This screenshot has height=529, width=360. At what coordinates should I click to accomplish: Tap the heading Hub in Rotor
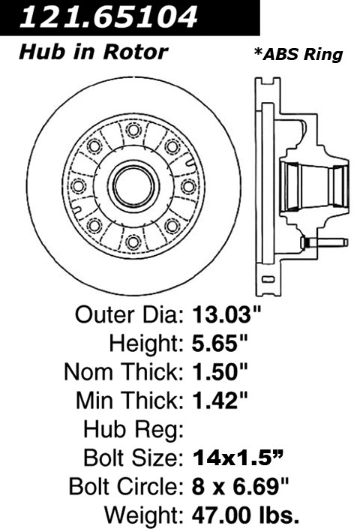click(93, 53)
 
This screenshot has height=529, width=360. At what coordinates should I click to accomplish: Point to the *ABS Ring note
click(298, 54)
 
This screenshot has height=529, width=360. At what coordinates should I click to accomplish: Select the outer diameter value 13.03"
click(226, 315)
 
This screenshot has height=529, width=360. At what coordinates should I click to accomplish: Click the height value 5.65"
click(220, 344)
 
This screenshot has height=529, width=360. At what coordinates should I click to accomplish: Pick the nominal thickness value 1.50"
click(220, 372)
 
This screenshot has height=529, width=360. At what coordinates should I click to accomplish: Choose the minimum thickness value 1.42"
click(220, 401)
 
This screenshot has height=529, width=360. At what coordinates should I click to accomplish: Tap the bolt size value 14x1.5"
click(237, 458)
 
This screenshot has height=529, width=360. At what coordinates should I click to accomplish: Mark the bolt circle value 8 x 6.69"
click(240, 486)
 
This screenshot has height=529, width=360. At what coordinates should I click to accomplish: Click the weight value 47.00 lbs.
click(245, 515)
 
